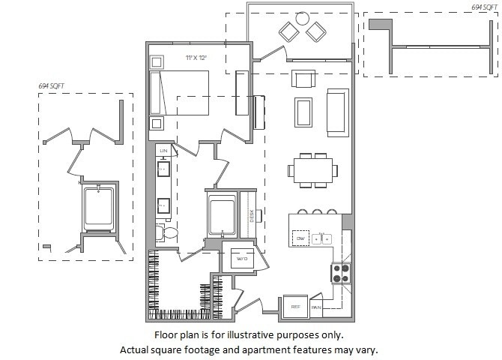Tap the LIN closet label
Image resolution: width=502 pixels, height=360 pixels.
click(163, 151)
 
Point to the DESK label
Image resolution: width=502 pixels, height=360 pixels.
click(254, 217)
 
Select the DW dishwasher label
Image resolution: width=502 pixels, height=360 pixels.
click(300, 238)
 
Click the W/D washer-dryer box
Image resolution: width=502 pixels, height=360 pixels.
click(242, 259)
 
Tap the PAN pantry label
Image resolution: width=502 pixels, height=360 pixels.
click(316, 307)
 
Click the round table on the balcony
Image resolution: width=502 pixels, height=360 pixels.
click(302, 19)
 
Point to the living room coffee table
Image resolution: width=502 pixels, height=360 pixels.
click(304, 112)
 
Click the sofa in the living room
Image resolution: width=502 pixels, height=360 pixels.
click(338, 111)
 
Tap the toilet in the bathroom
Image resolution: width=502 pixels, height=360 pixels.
click(168, 233)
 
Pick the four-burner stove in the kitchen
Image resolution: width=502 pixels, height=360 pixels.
click(341, 272)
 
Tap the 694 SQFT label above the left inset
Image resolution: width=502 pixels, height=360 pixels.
click(52, 87)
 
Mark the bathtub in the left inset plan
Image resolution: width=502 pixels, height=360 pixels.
click(99, 209)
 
